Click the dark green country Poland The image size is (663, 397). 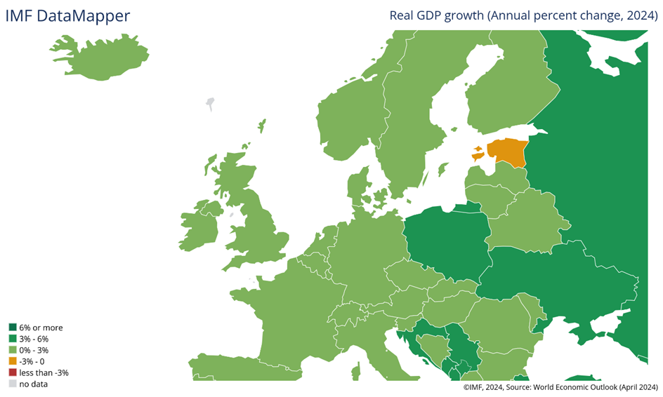[x=446, y=238]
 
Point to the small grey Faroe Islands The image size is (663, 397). [x=209, y=105]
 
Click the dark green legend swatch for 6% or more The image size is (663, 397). [x=13, y=328]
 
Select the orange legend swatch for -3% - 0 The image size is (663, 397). [x=13, y=361]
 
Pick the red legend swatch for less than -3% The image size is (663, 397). [x=13, y=372]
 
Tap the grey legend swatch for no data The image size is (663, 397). [x=13, y=384]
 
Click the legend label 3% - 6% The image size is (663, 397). [x=34, y=339]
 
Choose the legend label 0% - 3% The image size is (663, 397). [x=34, y=350]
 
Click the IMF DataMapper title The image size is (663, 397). [x=67, y=16]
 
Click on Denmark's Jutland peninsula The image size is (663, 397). [x=357, y=189]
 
